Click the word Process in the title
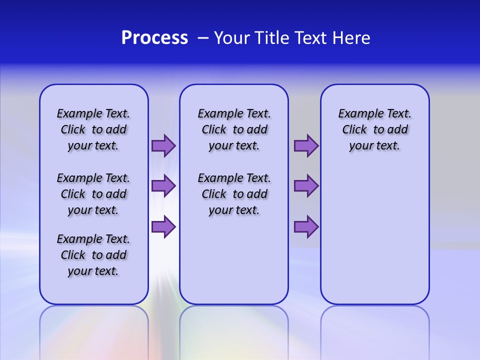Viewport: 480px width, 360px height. (x=154, y=38)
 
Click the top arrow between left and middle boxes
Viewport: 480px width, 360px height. (x=163, y=145)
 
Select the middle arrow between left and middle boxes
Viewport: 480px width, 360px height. (x=163, y=186)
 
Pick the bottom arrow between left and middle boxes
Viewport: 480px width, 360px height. (x=163, y=226)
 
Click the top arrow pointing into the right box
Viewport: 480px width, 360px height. (x=306, y=145)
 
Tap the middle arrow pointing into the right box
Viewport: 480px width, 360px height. (x=306, y=186)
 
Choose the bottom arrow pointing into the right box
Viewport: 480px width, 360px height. (x=306, y=226)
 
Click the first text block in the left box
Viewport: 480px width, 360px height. (x=93, y=129)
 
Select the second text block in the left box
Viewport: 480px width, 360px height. (x=93, y=194)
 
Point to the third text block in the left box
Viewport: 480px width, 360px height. (x=93, y=255)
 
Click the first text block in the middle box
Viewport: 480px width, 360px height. (x=234, y=129)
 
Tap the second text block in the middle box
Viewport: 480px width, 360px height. (x=234, y=194)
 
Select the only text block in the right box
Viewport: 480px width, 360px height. (x=375, y=129)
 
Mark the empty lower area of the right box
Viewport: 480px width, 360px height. (x=375, y=230)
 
